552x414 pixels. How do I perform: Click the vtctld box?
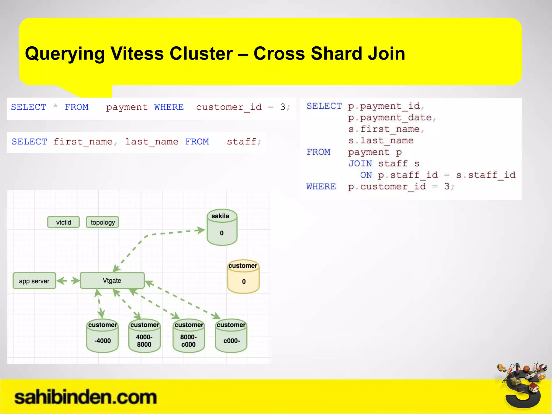pos(64,222)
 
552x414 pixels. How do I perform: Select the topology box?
pos(102,222)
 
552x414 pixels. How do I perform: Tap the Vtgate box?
pos(112,281)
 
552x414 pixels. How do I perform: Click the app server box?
pos(34,281)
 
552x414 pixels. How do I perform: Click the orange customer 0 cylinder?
pos(243,277)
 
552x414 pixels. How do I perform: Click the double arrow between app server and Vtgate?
pos(68,281)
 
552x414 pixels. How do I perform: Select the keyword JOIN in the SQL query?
pos(360,164)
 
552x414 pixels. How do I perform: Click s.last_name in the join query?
pos(381,141)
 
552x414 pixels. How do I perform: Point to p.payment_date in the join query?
pos(390,118)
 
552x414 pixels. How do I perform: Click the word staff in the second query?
pos(241,142)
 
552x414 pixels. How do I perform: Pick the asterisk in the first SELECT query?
pos(55,106)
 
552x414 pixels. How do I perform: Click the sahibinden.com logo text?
pos(85,397)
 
